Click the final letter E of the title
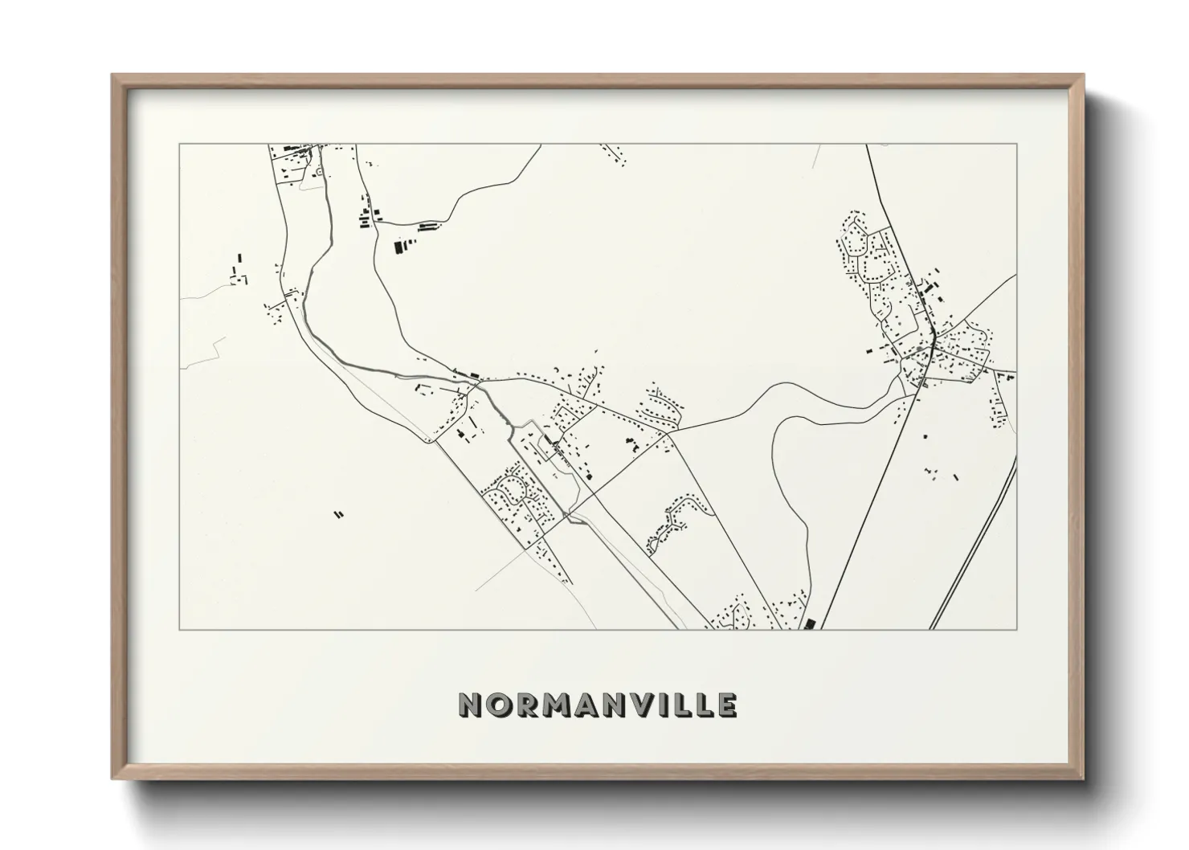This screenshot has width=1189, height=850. click(726, 705)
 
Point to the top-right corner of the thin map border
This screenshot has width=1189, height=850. click(1016, 145)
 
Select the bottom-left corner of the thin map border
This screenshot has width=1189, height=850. click(179, 629)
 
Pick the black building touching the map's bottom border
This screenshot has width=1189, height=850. click(809, 623)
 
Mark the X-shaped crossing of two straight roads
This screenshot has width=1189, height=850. click(570, 512)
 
